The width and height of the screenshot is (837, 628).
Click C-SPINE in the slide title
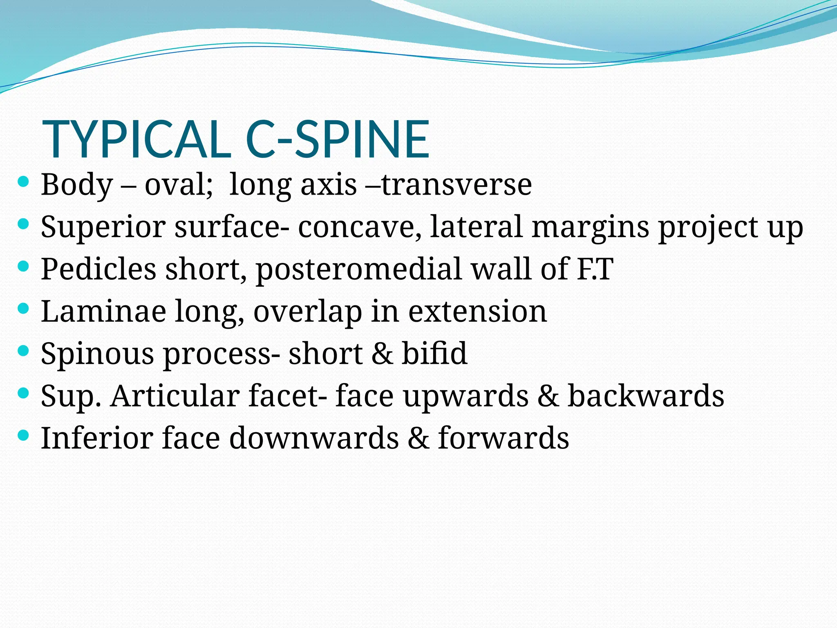[338, 139]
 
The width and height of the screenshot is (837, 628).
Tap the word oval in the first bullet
[177, 185]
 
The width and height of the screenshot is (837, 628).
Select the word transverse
[456, 185]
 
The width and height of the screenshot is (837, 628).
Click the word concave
[360, 227]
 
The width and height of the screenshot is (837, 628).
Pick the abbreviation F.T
[595, 269]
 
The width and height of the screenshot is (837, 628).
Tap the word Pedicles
[98, 269]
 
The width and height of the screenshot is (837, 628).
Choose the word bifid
[434, 353]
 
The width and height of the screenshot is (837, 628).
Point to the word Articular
[175, 396]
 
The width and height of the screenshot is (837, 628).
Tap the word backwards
[646, 396]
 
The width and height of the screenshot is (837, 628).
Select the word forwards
[504, 438]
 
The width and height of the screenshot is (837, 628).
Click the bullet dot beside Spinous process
[24, 350]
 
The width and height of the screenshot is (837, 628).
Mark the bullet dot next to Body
[24, 182]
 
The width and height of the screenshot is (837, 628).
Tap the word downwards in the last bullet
[314, 438]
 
